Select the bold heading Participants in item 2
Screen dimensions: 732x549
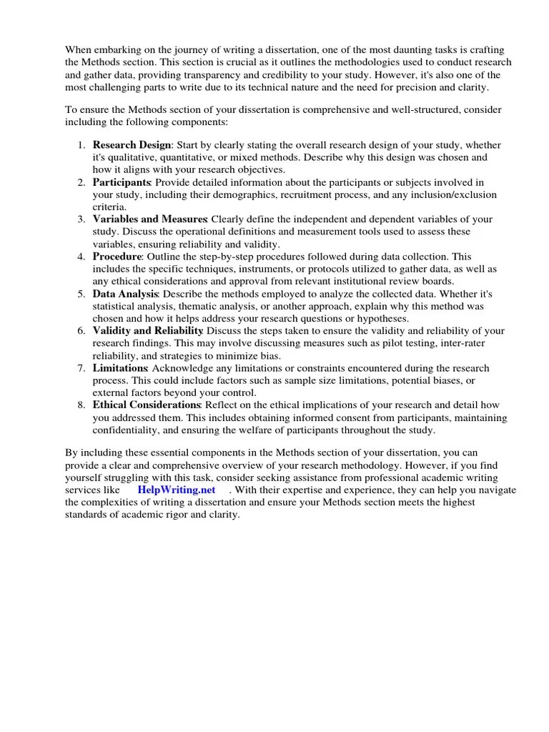click(120, 182)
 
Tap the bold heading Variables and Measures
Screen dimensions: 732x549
click(149, 219)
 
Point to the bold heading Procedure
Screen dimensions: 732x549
click(117, 256)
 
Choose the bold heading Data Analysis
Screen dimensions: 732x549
click(124, 294)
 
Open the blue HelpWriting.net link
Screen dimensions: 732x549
click(176, 490)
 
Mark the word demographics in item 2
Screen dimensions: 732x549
click(239, 194)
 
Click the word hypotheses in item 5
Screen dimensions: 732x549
click(398, 318)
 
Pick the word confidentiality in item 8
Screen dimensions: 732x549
click(126, 430)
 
